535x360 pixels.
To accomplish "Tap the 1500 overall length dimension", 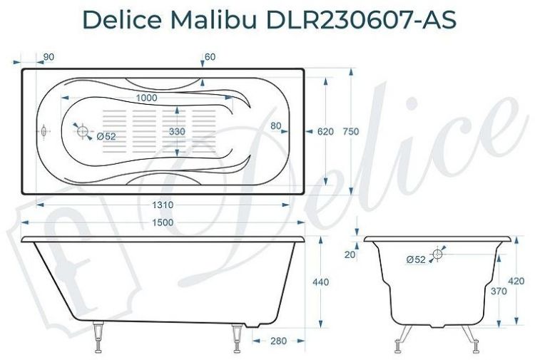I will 163,223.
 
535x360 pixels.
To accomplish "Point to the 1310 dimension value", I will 163,205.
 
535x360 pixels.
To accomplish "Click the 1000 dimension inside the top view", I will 146,98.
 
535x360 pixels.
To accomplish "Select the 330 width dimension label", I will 179,133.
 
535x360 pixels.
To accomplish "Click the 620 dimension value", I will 325,132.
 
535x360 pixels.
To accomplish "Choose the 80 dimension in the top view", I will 276,126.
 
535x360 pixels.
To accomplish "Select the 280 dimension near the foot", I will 279,341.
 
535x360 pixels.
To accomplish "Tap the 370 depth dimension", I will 499,292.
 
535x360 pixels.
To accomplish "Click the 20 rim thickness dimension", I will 350,254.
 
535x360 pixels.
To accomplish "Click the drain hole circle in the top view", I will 82,131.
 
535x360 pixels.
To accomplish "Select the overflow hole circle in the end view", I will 438,254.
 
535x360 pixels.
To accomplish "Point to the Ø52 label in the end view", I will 416,260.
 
